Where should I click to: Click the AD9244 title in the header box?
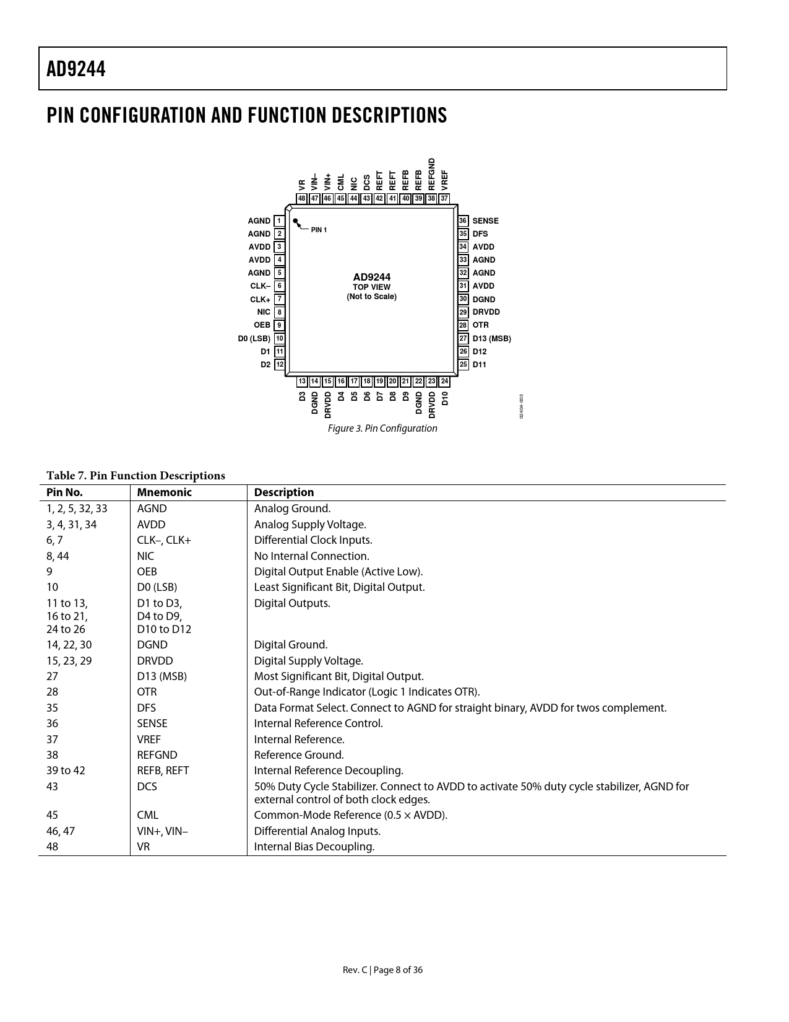76,69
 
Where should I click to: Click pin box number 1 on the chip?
279,221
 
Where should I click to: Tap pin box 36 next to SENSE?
463,221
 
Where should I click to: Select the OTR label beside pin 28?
480,325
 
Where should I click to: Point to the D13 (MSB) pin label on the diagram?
491,339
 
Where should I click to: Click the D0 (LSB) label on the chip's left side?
254,339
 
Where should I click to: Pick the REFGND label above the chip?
432,173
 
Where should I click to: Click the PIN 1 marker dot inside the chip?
296,221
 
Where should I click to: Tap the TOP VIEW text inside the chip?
371,287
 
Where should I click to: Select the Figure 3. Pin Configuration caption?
382,429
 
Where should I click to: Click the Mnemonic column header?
164,492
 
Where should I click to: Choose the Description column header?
284,492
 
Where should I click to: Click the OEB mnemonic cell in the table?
147,572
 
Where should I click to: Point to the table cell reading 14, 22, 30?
69,645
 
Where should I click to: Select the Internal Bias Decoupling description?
314,847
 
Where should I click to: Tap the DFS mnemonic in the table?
146,708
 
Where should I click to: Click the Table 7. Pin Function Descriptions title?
136,476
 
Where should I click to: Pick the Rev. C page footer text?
382,970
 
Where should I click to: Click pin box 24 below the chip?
444,382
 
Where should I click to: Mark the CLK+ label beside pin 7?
260,300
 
